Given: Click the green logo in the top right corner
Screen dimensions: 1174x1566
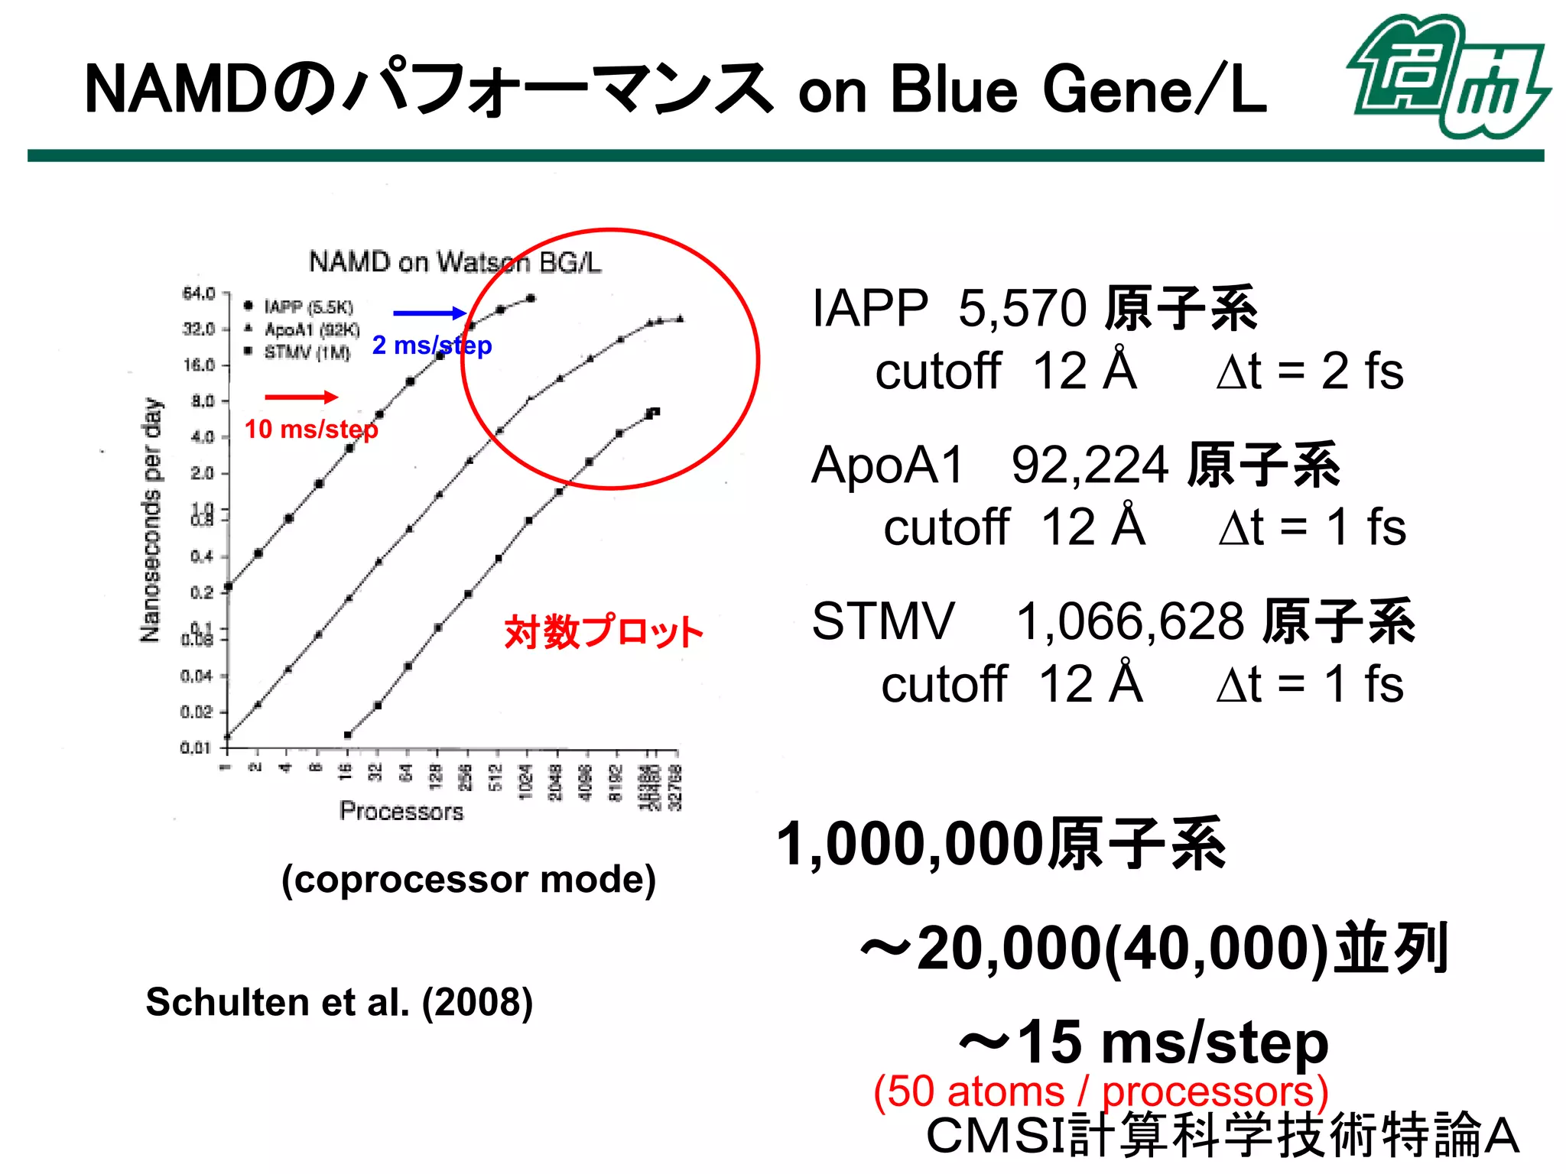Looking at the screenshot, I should [1447, 76].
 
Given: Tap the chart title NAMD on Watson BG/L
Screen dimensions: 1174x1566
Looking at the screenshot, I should [454, 262].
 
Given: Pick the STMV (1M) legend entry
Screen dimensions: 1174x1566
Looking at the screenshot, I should [306, 352].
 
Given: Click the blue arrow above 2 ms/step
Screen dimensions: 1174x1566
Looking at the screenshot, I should [429, 313].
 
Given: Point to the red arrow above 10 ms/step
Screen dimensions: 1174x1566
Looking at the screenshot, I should [301, 397].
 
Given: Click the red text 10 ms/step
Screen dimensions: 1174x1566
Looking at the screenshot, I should [311, 430].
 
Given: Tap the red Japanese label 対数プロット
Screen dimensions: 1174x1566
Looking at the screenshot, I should [603, 632].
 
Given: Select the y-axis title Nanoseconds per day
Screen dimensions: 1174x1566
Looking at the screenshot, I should [151, 520].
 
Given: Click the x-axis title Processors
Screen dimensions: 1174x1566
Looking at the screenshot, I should [401, 811].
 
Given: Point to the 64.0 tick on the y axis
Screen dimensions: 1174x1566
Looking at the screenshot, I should [199, 293].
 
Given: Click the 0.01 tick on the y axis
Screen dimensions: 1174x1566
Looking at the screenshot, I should [196, 748].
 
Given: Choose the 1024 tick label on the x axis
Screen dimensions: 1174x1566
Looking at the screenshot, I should [526, 782].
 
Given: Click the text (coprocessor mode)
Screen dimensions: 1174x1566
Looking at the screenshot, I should [469, 880].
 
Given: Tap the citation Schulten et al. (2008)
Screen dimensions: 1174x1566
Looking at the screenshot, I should [339, 1002].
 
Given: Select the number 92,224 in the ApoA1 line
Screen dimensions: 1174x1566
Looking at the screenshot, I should [1090, 465].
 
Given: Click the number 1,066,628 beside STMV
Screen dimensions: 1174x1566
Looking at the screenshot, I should [1129, 621].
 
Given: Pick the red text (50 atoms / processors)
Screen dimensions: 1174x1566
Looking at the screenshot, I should [1100, 1091].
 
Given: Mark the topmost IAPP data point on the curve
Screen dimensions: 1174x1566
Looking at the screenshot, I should [531, 299].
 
